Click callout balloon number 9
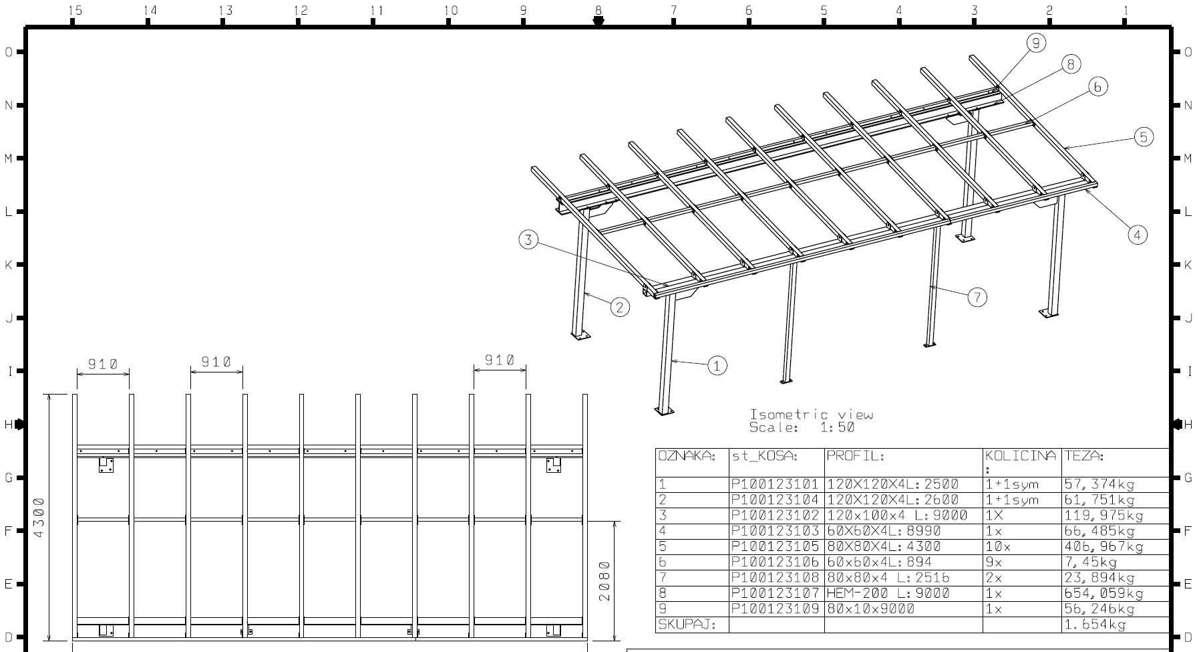pyautogui.click(x=1036, y=43)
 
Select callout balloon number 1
pyautogui.click(x=717, y=365)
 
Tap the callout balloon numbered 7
pyautogui.click(x=977, y=297)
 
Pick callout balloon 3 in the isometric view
pyautogui.click(x=528, y=239)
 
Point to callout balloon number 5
pyautogui.click(x=1144, y=137)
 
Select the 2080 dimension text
pyautogui.click(x=605, y=580)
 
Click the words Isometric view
pyautogui.click(x=811, y=415)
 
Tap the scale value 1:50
pyautogui.click(x=837, y=427)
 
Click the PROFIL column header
pyautogui.click(x=855, y=456)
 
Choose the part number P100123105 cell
pyautogui.click(x=775, y=546)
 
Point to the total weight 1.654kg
pyautogui.click(x=1095, y=625)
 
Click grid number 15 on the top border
pyautogui.click(x=75, y=10)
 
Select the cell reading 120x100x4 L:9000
pyautogui.click(x=897, y=515)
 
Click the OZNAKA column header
pyautogui.click(x=687, y=456)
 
